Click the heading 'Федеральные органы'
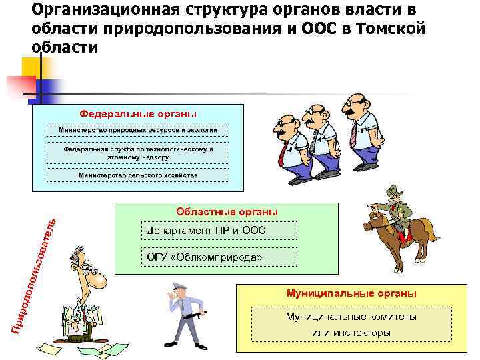coord(139,113)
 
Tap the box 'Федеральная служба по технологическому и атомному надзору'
coord(139,153)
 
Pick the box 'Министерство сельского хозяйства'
coord(139,175)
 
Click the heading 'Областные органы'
coord(227,212)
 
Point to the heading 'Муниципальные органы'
coord(351,293)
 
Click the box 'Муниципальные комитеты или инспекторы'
coord(351,325)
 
